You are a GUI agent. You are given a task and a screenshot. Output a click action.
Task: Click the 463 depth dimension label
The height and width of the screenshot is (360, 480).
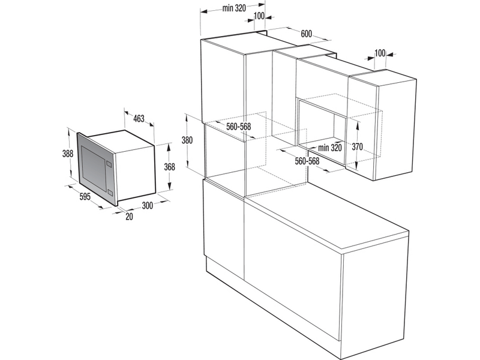(x=139, y=119)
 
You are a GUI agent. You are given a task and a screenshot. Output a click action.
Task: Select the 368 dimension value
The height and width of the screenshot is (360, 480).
(x=170, y=167)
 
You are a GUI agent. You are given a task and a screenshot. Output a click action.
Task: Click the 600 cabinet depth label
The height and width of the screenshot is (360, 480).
(x=306, y=34)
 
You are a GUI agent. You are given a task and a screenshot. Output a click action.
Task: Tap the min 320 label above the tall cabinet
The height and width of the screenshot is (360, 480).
(x=235, y=8)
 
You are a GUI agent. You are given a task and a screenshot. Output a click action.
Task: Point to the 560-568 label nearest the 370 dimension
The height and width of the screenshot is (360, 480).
(x=307, y=161)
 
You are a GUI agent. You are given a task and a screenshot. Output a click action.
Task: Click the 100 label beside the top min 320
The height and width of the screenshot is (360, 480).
(x=259, y=16)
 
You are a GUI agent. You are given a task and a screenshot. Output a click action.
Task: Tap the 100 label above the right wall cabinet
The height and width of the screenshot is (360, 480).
(x=379, y=53)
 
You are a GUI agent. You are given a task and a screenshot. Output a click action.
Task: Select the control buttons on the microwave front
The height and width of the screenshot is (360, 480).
(x=109, y=163)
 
